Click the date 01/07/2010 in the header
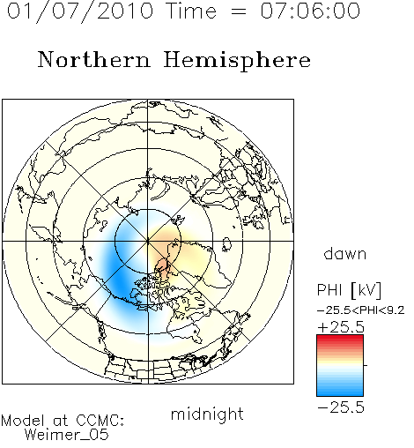[x=80, y=11]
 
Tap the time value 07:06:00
[x=310, y=11]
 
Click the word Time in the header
[x=191, y=11]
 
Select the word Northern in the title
[x=94, y=59]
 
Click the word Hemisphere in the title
[x=237, y=61]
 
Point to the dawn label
[x=345, y=253]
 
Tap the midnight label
[x=207, y=414]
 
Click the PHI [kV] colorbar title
[x=349, y=290]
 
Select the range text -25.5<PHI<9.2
[x=361, y=310]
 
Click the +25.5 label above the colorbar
[x=341, y=327]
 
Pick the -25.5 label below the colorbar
[x=341, y=407]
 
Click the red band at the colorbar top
[x=340, y=338]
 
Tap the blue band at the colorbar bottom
[x=340, y=392]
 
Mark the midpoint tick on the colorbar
[x=366, y=365]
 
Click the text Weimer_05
[x=67, y=435]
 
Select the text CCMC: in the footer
[x=100, y=421]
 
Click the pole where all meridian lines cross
[x=148, y=241]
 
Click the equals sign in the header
[x=239, y=12]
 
